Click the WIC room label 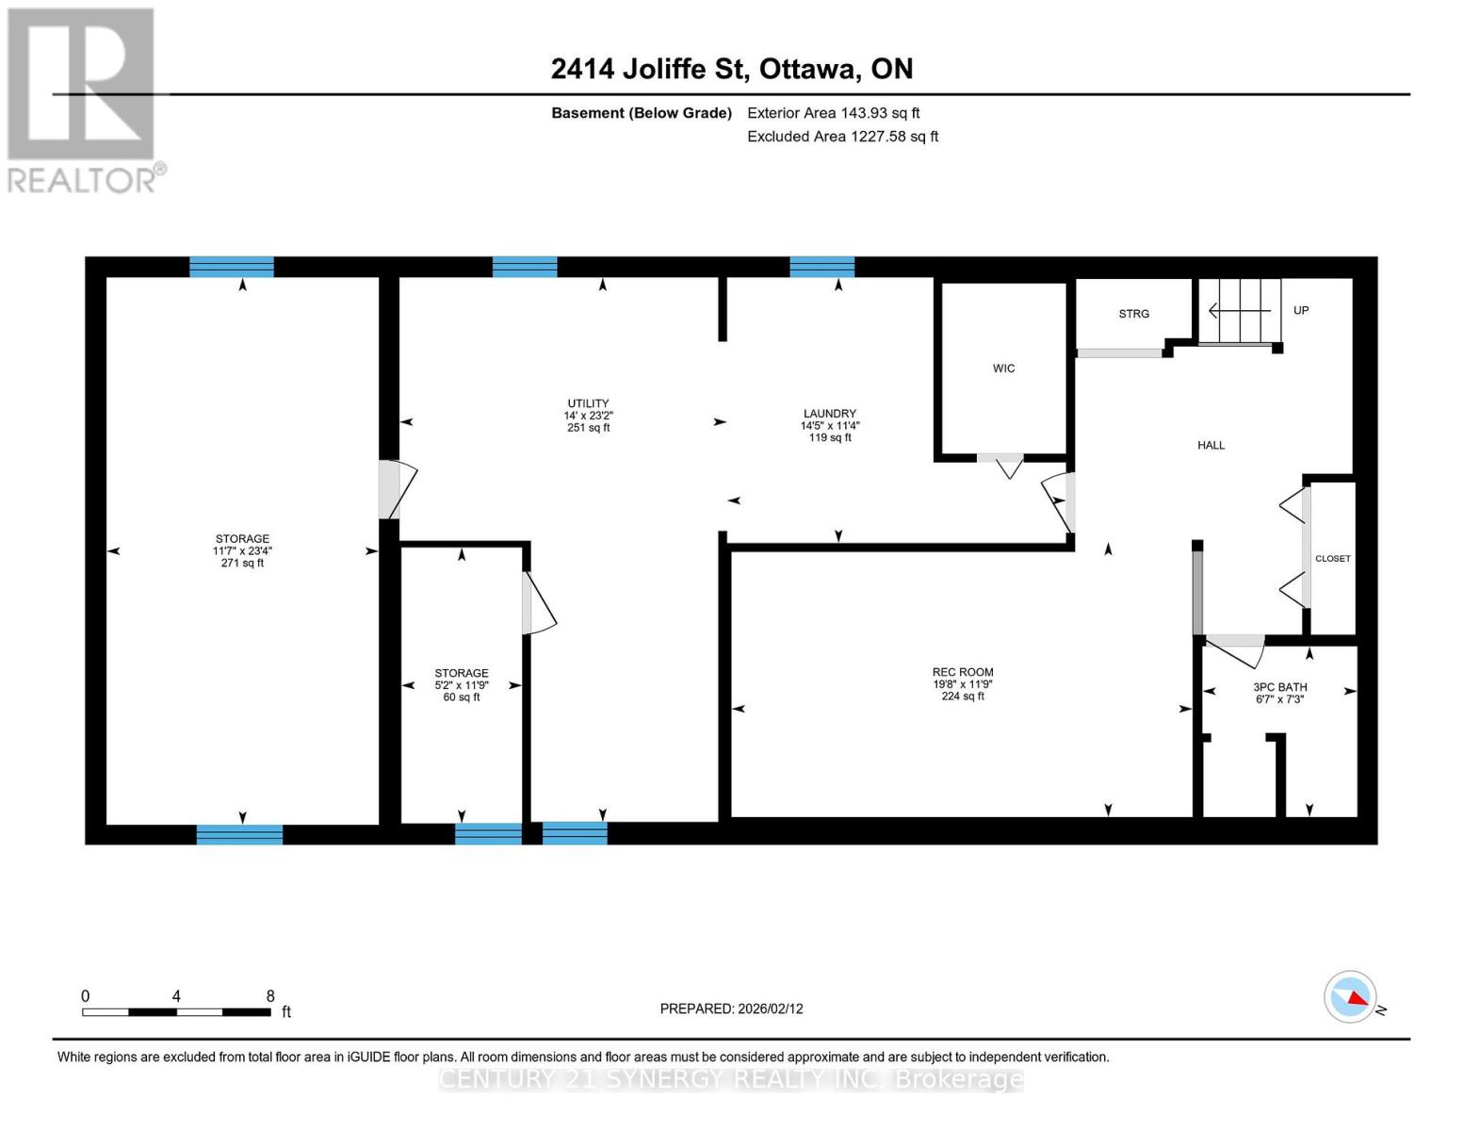point(1003,369)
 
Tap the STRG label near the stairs point(1133,314)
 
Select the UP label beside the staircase point(1300,310)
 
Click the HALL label point(1211,445)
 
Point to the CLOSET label point(1332,559)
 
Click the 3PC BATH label point(1279,687)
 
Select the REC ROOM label point(963,672)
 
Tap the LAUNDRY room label point(829,414)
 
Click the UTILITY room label point(588,403)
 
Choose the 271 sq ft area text point(242,564)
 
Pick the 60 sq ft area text point(461,697)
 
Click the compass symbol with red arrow point(1350,996)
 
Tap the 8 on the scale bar point(270,996)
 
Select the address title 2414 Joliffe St point(731,69)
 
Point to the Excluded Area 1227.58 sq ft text point(842,137)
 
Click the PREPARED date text point(731,1008)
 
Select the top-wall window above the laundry point(821,267)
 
